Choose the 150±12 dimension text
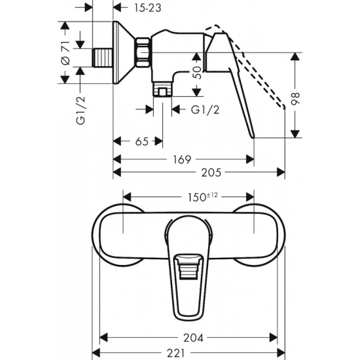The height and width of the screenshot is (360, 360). coord(189,196)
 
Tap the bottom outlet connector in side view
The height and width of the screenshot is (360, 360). coord(161,91)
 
